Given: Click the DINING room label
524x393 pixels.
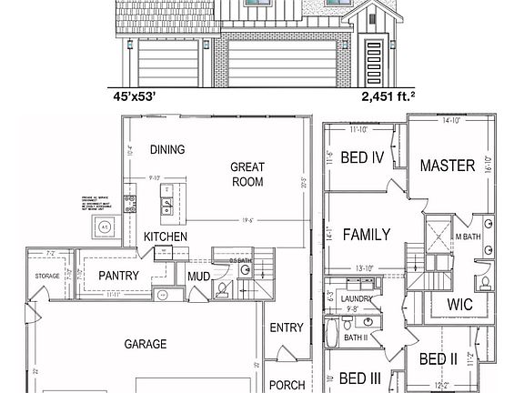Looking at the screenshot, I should click(167, 150).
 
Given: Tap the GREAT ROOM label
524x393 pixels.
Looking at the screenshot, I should click(247, 175).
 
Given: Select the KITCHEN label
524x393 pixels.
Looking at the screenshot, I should click(166, 237).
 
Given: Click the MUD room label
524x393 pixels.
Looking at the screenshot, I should click(199, 277).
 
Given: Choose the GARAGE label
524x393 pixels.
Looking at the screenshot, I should click(146, 344).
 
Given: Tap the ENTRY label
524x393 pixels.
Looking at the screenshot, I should click(287, 328).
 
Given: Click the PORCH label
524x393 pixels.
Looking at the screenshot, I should click(287, 384).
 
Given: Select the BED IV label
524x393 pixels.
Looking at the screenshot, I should click(362, 157).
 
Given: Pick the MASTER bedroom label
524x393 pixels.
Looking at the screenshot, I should click(448, 166).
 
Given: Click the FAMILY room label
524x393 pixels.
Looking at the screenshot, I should click(367, 235).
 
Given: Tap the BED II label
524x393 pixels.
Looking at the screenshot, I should click(438, 359).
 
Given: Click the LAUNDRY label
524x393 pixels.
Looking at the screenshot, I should click(356, 297).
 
